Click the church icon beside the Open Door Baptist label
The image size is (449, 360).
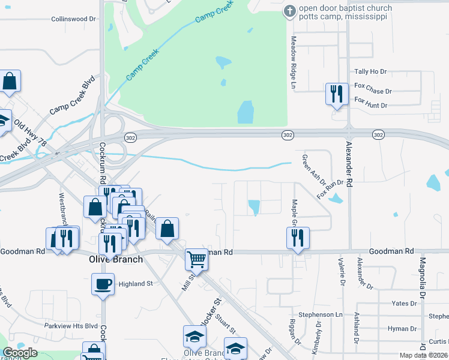click(x=290, y=11)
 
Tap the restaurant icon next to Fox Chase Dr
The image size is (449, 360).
click(x=335, y=94)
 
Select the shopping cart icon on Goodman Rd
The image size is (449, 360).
click(x=196, y=259)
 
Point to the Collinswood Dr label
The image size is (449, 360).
click(x=74, y=19)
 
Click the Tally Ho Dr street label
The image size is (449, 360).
click(x=370, y=71)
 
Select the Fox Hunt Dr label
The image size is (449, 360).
click(x=371, y=106)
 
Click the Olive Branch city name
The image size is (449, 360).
click(x=116, y=260)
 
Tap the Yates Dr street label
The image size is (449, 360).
click(x=404, y=304)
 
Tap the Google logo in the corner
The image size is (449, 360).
click(x=20, y=353)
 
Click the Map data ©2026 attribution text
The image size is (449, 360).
click(x=423, y=355)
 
